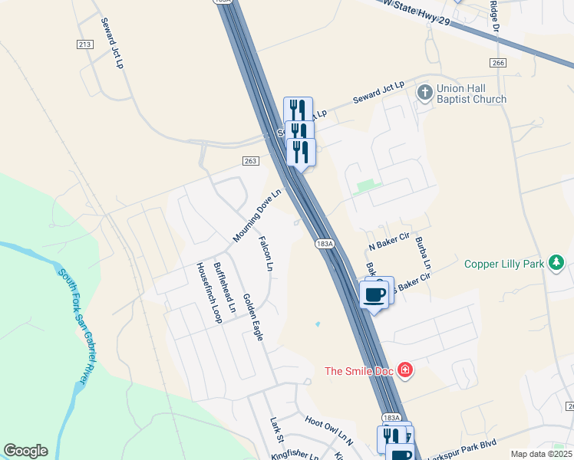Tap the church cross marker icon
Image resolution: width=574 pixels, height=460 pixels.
(424, 93)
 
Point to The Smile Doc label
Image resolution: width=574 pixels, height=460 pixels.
(358, 372)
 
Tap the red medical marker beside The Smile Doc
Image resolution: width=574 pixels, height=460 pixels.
(405, 372)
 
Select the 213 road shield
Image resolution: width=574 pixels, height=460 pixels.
(84, 45)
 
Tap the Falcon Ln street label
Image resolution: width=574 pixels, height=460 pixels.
(266, 254)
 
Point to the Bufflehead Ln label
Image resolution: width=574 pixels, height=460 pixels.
(226, 292)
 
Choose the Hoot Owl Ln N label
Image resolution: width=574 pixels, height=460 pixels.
(328, 429)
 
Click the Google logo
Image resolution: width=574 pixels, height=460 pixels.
(25, 451)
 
